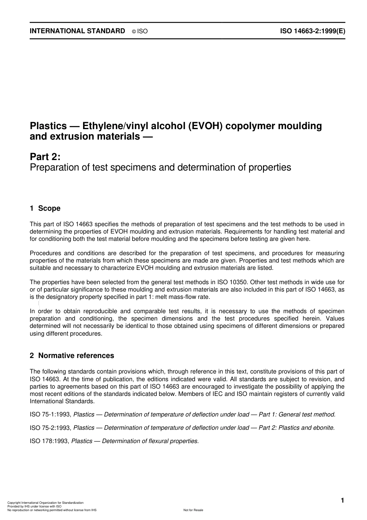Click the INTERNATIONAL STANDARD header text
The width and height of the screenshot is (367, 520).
click(x=77, y=31)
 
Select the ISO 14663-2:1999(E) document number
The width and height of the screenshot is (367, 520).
click(x=313, y=31)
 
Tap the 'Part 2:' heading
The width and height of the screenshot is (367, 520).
click(x=45, y=157)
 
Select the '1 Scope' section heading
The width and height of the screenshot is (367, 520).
click(x=45, y=208)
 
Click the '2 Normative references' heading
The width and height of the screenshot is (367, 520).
click(x=72, y=356)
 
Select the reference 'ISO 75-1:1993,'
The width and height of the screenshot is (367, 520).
click(x=51, y=414)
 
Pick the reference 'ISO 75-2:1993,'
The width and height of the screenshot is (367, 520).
click(x=51, y=428)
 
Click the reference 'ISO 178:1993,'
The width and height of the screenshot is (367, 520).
click(x=49, y=441)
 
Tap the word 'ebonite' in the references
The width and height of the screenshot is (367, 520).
click(x=324, y=428)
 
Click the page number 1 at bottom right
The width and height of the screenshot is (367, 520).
click(x=342, y=501)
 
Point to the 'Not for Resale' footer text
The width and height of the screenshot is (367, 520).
click(x=193, y=510)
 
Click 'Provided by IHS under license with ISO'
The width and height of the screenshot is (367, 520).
click(x=34, y=506)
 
